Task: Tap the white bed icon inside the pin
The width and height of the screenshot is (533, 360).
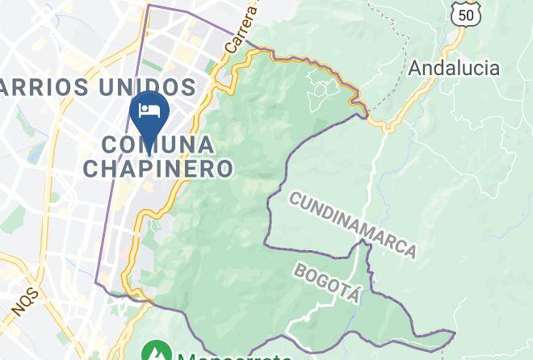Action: (x=149, y=111)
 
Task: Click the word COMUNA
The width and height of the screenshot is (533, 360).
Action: (x=159, y=145)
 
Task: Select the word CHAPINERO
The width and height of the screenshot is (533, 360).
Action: (x=158, y=168)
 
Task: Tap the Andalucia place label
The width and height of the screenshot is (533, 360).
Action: (x=453, y=68)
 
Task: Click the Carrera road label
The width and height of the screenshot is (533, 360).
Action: (x=242, y=31)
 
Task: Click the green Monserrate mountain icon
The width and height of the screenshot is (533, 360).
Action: (x=153, y=352)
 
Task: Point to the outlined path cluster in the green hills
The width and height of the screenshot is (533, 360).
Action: (x=324, y=91)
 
